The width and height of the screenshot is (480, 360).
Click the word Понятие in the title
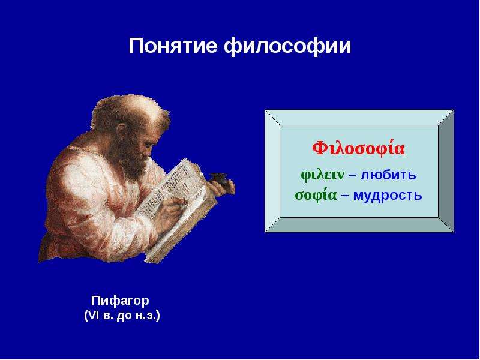173,46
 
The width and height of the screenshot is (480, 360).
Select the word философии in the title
287,47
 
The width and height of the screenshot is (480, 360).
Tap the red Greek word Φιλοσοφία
358,148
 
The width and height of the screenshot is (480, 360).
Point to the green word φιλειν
323,175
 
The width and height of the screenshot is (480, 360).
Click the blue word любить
388,175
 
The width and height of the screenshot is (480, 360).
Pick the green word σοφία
316,195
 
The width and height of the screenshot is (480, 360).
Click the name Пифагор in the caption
121,301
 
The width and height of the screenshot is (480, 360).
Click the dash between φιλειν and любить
353,176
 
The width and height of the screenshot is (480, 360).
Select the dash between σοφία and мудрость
345,196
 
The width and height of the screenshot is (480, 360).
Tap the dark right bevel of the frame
446,171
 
